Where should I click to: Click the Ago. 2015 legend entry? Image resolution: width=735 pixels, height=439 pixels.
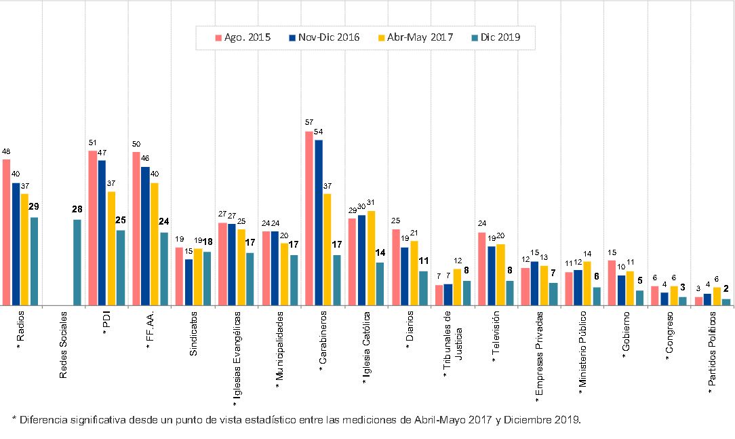tap(243, 37)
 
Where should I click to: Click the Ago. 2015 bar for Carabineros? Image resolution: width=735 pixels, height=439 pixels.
tap(309, 218)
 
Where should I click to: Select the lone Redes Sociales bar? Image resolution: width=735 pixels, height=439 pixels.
tap(77, 262)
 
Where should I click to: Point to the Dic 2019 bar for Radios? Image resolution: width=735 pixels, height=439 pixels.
tap(34, 261)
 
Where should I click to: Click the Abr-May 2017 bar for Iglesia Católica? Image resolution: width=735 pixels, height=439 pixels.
tap(371, 258)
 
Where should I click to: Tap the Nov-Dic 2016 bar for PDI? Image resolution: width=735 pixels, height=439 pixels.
tap(102, 233)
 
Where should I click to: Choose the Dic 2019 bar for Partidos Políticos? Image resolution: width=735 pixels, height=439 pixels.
tap(726, 302)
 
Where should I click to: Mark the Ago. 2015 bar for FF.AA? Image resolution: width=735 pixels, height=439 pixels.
tap(136, 229)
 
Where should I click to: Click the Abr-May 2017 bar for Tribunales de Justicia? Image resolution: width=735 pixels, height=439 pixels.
tap(457, 287)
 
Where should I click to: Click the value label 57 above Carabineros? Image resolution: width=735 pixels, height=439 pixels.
tap(309, 122)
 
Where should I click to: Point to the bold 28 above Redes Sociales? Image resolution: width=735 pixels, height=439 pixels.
tap(77, 209)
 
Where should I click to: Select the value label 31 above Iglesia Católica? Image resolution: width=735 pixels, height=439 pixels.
tap(371, 202)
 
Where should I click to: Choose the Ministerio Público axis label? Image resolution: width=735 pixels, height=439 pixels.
tap(582, 353)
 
